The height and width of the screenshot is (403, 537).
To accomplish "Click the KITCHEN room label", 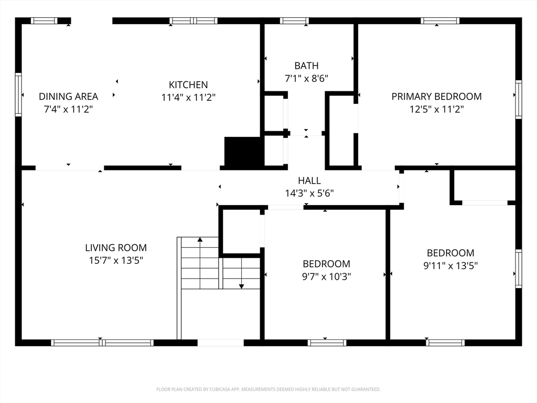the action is (x=188, y=84).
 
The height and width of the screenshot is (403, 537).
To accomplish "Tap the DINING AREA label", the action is (x=69, y=97).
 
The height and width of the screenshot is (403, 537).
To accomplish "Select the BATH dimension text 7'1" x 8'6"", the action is (x=306, y=79).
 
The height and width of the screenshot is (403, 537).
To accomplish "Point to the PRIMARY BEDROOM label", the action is (x=437, y=97).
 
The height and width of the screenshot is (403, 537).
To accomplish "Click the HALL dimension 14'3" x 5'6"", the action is (x=309, y=193).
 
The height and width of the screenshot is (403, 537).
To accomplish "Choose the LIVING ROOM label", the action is (x=116, y=248).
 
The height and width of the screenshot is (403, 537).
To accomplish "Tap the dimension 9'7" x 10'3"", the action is (x=327, y=276).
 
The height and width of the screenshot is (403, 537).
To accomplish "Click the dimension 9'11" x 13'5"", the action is (x=450, y=266).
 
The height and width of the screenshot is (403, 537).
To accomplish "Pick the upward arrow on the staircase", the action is (x=200, y=263).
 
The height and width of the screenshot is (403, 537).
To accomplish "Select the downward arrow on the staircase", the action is (x=241, y=273).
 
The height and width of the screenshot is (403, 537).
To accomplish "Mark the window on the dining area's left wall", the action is (x=18, y=94).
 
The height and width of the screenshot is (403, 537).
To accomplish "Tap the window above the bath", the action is (x=294, y=20).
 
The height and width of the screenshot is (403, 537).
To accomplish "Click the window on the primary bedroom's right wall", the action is (x=519, y=99).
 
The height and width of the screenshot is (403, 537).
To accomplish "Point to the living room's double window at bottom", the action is (x=102, y=343).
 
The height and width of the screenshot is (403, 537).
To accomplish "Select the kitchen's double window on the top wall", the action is (x=194, y=20).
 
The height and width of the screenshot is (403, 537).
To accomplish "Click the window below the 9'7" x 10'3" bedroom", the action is (x=327, y=343).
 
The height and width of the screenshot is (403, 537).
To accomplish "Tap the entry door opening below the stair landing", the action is (x=221, y=343).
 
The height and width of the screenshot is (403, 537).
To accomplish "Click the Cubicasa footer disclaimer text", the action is (x=268, y=389).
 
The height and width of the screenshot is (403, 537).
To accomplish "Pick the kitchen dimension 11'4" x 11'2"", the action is (x=188, y=98).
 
